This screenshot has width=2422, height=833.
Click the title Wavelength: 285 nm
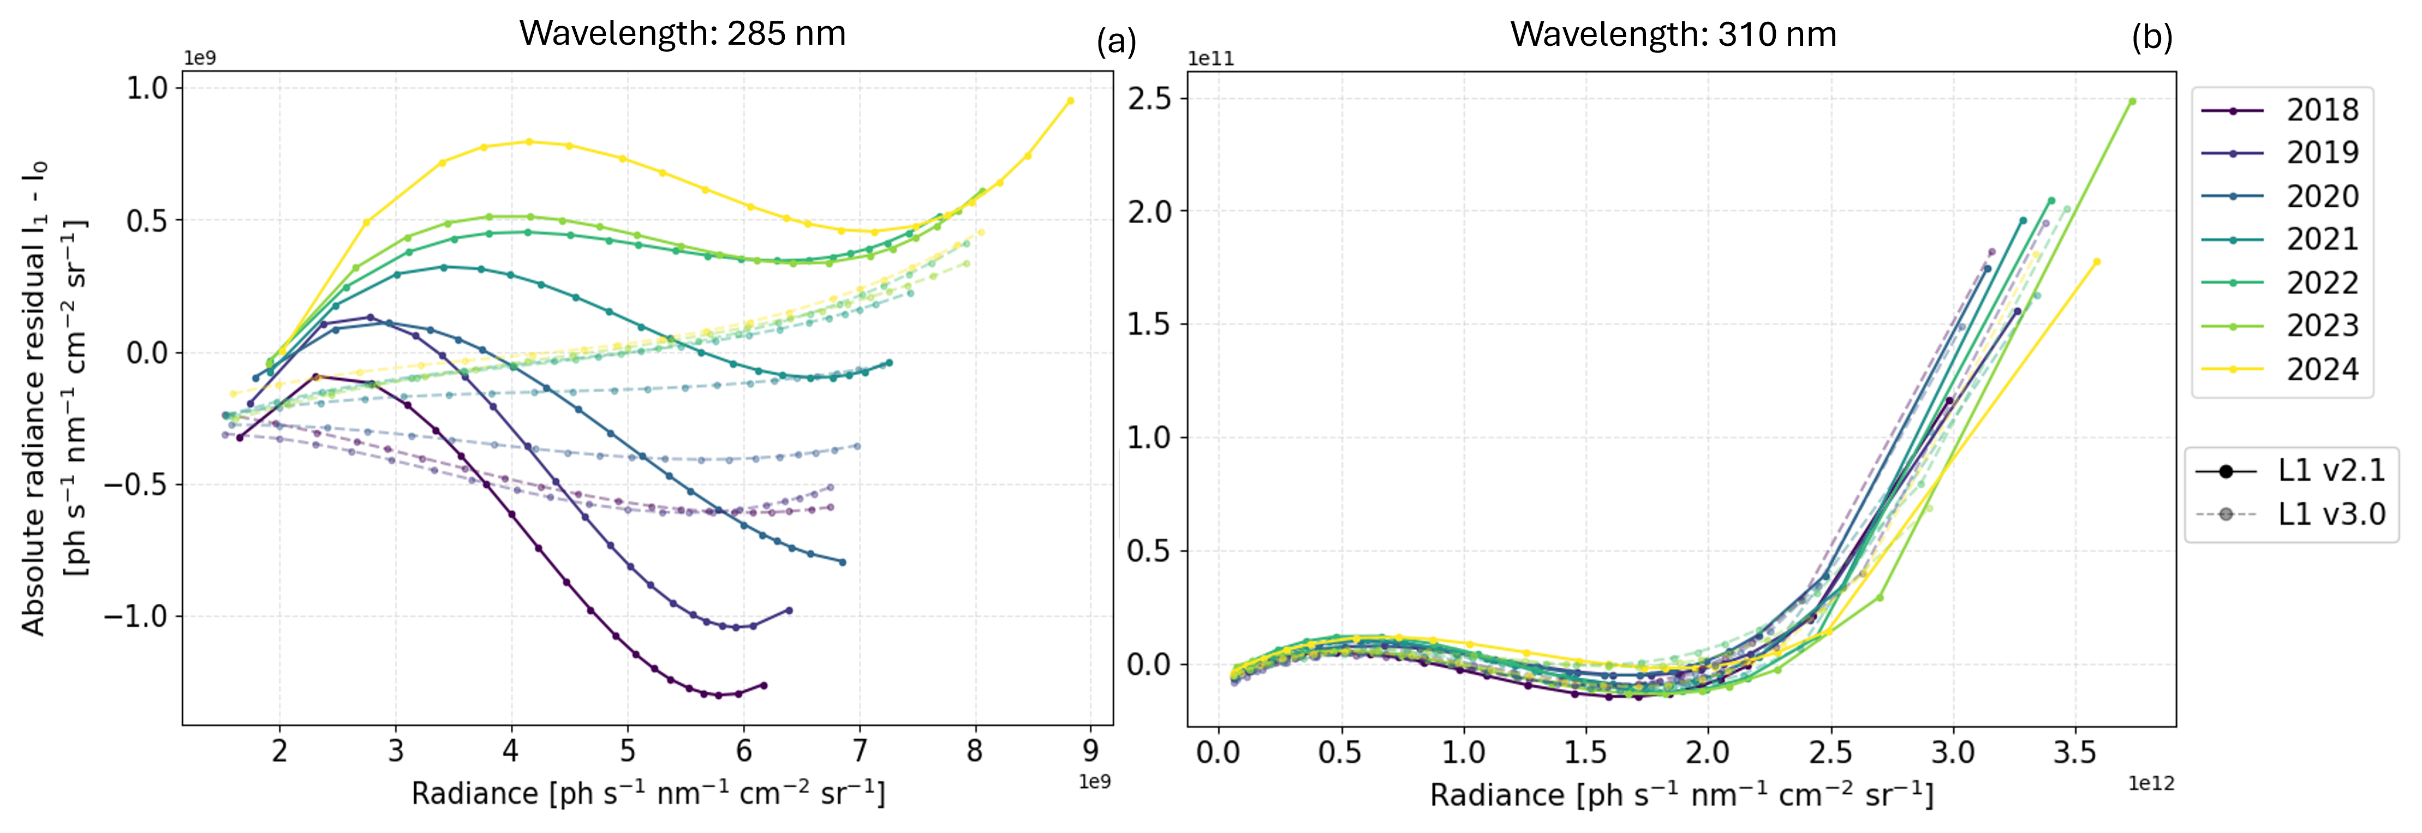tap(683, 34)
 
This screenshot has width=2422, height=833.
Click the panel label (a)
tap(1116, 41)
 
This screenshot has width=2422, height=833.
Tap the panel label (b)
tap(2151, 38)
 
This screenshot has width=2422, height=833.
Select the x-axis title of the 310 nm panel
tap(1681, 795)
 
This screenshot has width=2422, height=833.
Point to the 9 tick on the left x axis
tap(1090, 751)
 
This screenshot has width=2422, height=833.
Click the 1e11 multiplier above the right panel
tap(1211, 58)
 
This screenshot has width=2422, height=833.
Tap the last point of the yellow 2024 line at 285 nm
tap(1070, 100)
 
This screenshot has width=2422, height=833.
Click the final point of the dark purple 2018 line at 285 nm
tap(763, 685)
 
